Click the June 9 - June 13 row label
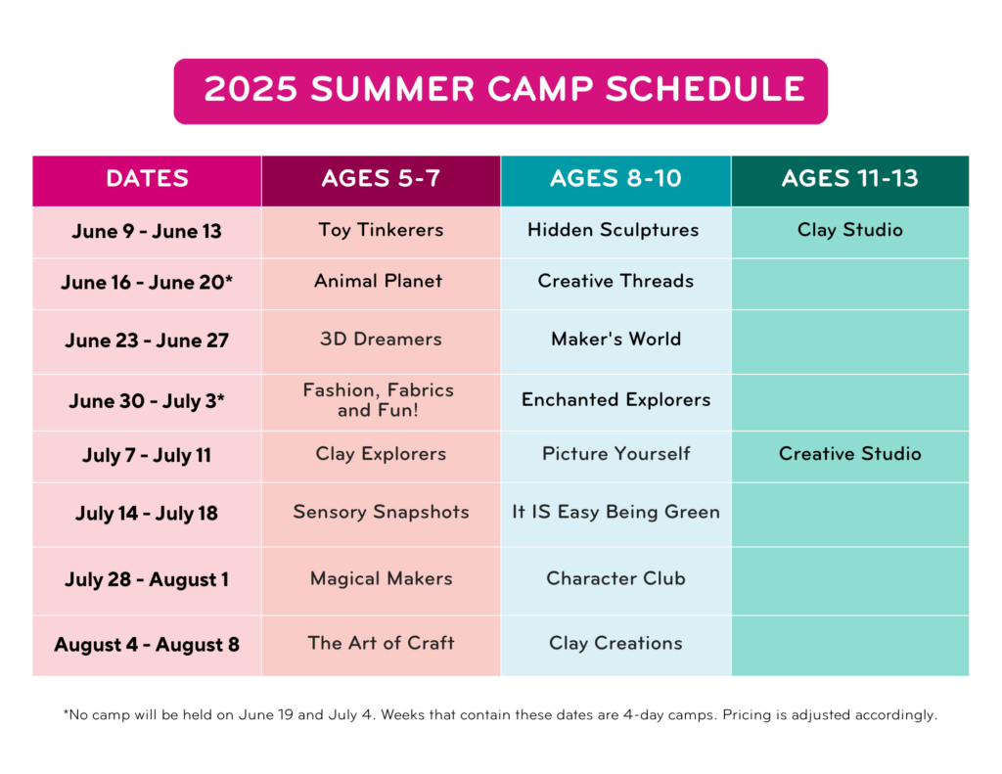point(147,231)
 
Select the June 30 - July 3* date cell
point(147,401)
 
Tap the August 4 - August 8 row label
point(147,644)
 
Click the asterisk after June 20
point(229,279)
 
